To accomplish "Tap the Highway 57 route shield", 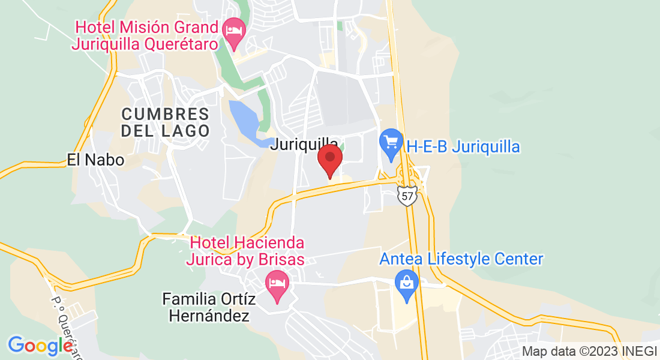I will [x=407, y=196].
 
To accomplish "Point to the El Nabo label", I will [x=96, y=160].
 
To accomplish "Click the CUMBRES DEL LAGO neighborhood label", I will [x=165, y=122].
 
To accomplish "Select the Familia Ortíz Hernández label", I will [x=206, y=307].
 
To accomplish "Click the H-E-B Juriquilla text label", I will [x=463, y=146].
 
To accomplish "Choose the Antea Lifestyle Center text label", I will [x=461, y=259].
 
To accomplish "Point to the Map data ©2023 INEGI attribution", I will [x=589, y=351].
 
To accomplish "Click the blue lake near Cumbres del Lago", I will [x=245, y=121].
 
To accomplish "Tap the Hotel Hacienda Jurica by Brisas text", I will [x=247, y=251].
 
